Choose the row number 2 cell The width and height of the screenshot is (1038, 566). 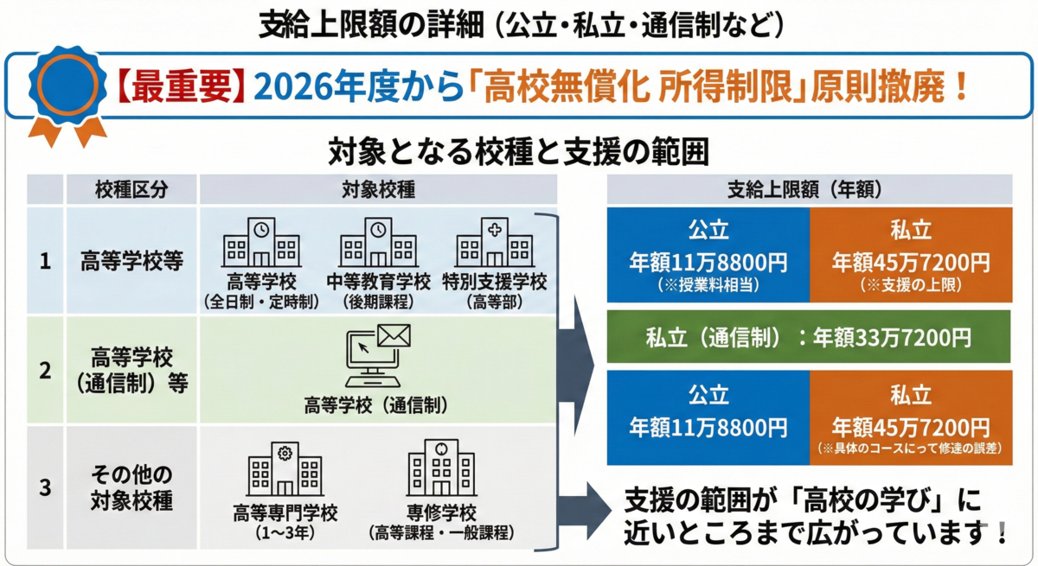coord(45,369)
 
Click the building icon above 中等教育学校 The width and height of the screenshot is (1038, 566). coord(378,241)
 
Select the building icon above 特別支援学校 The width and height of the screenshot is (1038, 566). coord(493,241)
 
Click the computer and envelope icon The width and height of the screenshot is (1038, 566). coord(378,355)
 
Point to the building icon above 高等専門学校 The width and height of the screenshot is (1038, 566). coord(285,471)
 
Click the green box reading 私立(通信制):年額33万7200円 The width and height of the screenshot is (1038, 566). coord(809,336)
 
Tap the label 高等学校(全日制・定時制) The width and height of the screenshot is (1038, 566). coord(261,291)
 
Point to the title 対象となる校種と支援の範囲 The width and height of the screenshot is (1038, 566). coord(519,153)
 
